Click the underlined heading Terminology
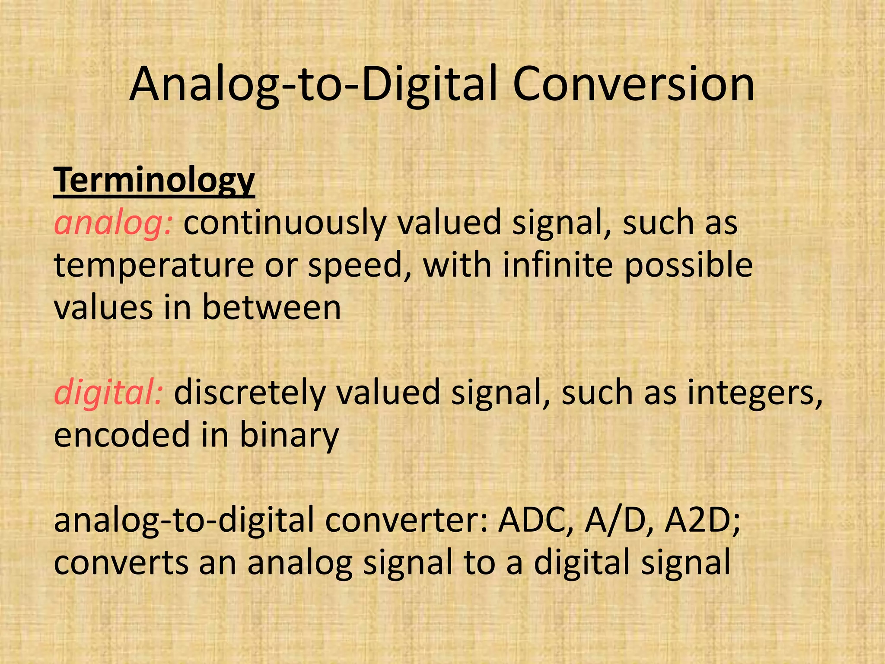(154, 181)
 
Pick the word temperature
(154, 265)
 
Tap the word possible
(688, 265)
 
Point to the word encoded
(122, 435)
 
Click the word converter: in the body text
(407, 520)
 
